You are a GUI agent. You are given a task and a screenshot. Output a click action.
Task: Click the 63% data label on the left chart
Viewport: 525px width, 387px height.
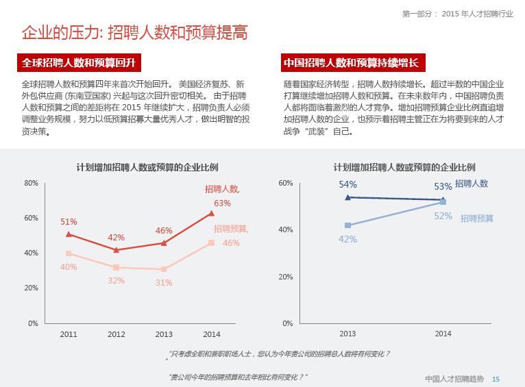222,203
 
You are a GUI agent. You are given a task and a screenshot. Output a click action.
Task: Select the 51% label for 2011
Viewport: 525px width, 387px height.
69,222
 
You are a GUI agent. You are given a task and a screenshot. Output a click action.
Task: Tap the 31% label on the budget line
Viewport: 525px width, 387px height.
163,282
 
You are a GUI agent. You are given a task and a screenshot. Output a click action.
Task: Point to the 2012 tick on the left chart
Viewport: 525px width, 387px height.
116,334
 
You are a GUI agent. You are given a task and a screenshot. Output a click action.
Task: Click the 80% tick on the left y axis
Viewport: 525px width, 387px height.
31,183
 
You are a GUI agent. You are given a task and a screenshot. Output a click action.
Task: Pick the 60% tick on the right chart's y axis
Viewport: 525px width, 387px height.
286,183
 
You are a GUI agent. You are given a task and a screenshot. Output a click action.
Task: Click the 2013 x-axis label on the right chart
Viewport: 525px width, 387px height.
347,334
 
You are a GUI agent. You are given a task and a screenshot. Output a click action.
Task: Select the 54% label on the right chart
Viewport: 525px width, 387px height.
347,184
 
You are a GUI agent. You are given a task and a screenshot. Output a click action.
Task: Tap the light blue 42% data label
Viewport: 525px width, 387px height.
347,239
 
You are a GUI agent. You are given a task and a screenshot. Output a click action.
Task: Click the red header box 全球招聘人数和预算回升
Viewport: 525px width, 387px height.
79,63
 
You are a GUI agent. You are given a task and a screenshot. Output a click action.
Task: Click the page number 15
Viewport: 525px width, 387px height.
496,379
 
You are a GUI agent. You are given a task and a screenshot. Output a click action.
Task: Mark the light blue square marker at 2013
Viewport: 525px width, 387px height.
348,225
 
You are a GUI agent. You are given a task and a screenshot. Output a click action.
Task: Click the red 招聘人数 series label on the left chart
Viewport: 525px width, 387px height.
222,189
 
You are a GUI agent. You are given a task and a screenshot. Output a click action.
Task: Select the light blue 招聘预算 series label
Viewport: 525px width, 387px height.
477,219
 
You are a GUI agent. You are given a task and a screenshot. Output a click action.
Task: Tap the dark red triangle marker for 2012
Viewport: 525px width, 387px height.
116,250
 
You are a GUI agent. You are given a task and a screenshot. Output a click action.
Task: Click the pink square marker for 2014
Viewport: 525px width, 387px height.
211,242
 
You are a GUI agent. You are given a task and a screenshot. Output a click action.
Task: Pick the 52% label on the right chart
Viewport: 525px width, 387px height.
443,216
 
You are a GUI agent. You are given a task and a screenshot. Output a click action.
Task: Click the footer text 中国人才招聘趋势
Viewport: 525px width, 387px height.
454,379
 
